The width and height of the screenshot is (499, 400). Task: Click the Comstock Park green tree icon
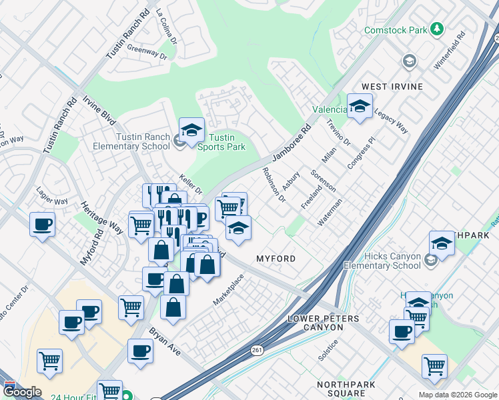[437, 29]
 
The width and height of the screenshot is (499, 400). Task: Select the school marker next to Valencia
[360, 107]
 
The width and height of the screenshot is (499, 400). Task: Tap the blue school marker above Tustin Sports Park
[191, 129]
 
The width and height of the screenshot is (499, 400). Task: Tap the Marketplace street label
[228, 289]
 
